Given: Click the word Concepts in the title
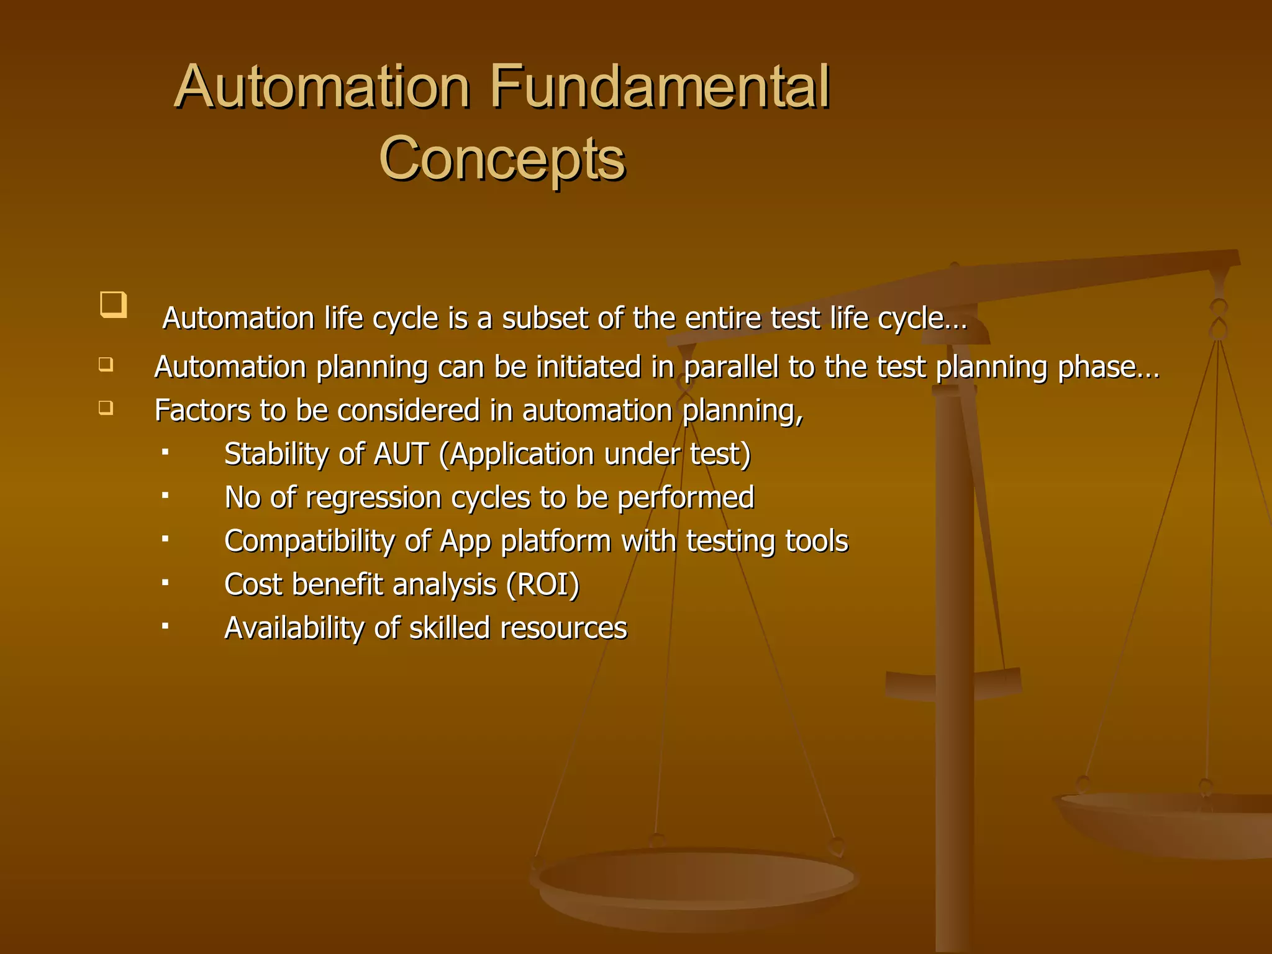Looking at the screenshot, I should pos(502,158).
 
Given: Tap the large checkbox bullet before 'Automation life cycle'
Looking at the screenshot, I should pos(113,304).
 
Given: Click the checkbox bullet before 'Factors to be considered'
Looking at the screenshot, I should pos(106,408).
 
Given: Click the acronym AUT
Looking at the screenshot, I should pos(401,454).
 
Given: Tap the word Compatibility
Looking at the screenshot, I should pos(309,542).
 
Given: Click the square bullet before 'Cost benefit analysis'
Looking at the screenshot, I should pos(165,583).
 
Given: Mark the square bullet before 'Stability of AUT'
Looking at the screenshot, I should pos(165,452).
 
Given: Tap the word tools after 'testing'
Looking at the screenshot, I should pos(816,541).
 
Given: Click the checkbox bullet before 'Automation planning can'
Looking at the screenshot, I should pos(106,364).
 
